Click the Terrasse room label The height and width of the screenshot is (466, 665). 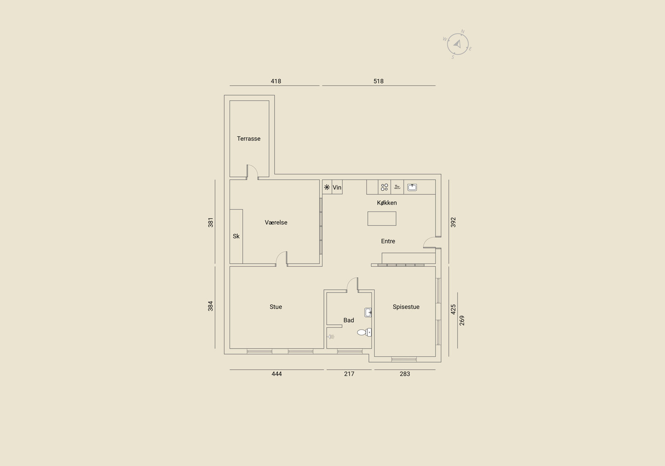tap(249, 139)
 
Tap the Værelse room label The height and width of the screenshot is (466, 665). tap(276, 222)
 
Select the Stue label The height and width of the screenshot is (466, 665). tap(276, 307)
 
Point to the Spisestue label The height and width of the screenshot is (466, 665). tap(406, 307)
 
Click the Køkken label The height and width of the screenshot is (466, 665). tap(387, 203)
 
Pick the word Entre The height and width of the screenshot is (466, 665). tap(388, 242)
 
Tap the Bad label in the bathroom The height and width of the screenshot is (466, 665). tap(349, 320)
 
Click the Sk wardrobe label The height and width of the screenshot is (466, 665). tap(236, 236)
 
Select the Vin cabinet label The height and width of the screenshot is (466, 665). tap(337, 187)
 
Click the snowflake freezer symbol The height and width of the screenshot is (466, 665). tap(327, 187)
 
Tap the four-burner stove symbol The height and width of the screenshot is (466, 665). tap(384, 187)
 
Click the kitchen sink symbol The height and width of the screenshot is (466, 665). tap(412, 187)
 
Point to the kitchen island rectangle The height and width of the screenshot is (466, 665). tap(382, 218)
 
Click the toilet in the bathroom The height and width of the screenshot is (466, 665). tap(364, 332)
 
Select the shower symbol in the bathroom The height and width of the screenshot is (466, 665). tap(331, 337)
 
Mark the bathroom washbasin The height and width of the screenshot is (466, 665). tap(368, 312)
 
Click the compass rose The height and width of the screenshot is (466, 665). tap(458, 44)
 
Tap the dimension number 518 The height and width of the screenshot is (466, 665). tap(379, 81)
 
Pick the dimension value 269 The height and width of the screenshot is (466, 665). tap(462, 320)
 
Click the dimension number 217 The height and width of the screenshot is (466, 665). tap(349, 374)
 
